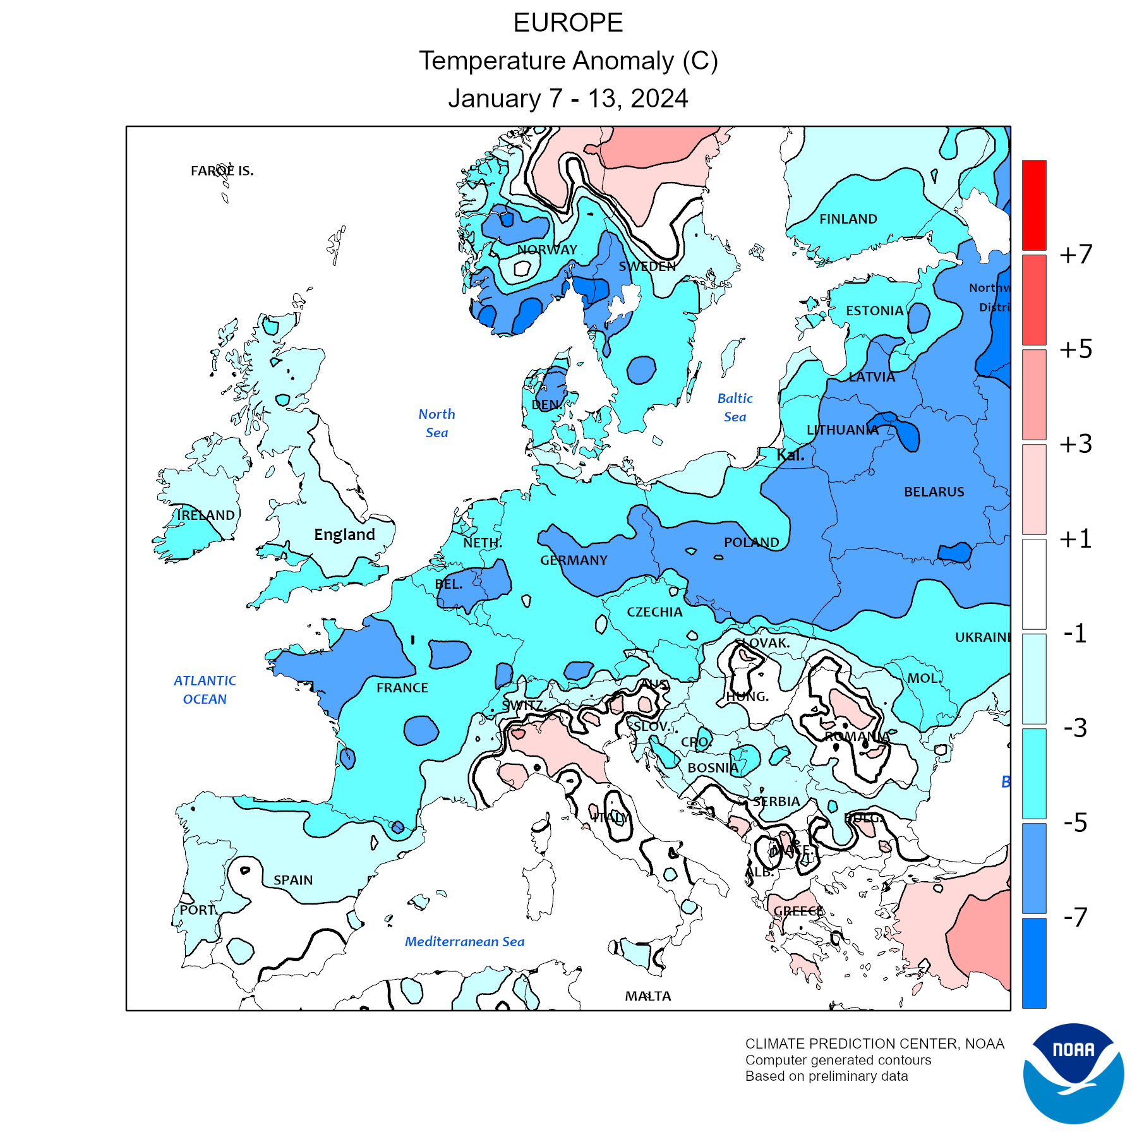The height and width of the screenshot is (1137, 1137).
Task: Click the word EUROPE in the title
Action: (568, 23)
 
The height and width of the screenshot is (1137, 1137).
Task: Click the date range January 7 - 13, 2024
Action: (568, 99)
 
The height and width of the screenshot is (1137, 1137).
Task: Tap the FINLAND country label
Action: (848, 219)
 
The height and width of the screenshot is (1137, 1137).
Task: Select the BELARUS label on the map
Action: (934, 492)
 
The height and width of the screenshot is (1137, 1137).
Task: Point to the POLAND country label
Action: (751, 543)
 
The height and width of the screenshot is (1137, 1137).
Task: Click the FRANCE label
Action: (402, 688)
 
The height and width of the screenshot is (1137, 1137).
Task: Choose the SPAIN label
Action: (293, 880)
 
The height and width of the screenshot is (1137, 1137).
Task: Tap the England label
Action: (344, 535)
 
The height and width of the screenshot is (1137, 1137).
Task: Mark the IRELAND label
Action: (205, 515)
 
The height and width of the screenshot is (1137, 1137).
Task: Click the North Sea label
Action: (436, 423)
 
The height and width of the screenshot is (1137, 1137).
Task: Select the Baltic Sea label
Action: (735, 407)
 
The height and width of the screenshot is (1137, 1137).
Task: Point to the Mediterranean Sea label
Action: (464, 942)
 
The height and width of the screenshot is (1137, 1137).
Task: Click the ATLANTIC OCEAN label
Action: (205, 690)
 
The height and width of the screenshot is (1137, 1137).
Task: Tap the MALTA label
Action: (647, 996)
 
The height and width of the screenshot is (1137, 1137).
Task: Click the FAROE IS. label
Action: (222, 171)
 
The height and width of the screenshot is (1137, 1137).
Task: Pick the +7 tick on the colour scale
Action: (1076, 255)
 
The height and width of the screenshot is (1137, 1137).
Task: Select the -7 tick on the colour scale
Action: (1076, 917)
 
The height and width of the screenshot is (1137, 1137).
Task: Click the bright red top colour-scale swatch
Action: (1034, 205)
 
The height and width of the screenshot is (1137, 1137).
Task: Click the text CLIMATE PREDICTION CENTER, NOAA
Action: (874, 1044)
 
